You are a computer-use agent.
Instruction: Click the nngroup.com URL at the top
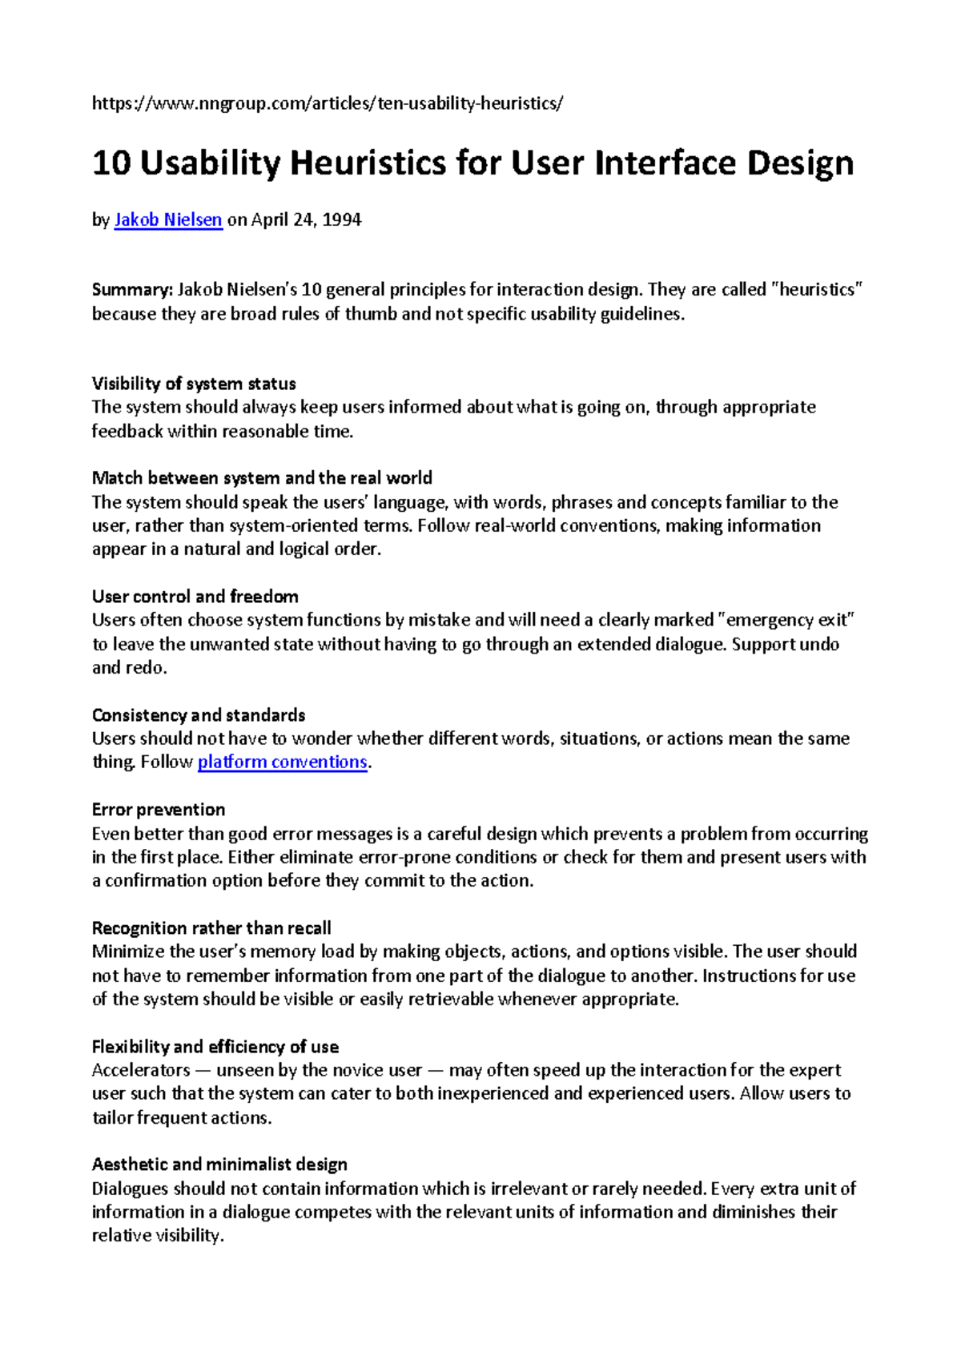(x=328, y=103)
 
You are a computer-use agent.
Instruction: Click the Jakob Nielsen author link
(x=168, y=219)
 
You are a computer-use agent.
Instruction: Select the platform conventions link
(x=282, y=762)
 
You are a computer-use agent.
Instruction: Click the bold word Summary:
(x=132, y=290)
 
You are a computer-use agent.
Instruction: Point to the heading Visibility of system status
(x=194, y=384)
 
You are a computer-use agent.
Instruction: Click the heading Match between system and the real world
(x=262, y=478)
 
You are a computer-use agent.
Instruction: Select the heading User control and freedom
(x=195, y=597)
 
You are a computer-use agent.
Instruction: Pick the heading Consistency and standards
(x=199, y=714)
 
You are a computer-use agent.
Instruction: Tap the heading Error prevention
(x=159, y=809)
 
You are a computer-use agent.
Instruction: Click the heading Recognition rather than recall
(x=211, y=928)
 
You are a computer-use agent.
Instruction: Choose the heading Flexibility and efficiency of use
(x=215, y=1047)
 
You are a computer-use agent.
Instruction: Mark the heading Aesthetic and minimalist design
(x=219, y=1165)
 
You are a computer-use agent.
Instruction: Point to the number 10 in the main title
(x=111, y=163)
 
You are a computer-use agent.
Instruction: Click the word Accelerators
(x=141, y=1070)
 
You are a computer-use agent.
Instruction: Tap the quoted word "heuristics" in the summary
(x=817, y=290)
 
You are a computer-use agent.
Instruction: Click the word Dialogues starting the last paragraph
(x=130, y=1189)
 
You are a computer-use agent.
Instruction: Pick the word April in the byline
(x=269, y=219)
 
